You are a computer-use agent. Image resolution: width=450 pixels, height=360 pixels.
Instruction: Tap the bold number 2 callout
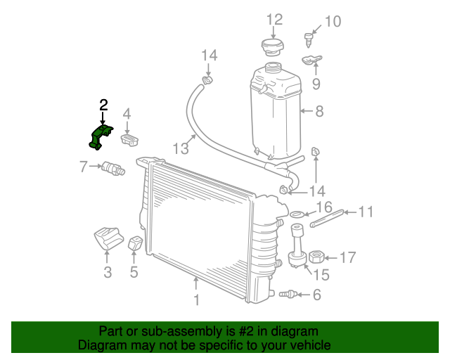pyautogui.click(x=103, y=105)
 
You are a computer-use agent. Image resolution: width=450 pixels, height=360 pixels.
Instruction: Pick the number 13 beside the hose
pyautogui.click(x=181, y=148)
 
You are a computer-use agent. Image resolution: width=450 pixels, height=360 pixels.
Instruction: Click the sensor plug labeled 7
pyautogui.click(x=112, y=168)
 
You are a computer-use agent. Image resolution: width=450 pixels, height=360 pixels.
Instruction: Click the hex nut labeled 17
pyautogui.click(x=316, y=257)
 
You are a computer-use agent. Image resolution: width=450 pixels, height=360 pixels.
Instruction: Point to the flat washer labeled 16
pyautogui.click(x=297, y=214)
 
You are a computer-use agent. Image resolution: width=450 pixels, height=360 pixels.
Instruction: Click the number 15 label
pyautogui.click(x=320, y=276)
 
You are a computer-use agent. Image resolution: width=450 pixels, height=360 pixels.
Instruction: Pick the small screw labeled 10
pyautogui.click(x=309, y=37)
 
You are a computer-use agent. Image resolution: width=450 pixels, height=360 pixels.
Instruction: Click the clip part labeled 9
pyautogui.click(x=313, y=60)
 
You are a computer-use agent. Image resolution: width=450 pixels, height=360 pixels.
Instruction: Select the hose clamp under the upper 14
pyautogui.click(x=207, y=80)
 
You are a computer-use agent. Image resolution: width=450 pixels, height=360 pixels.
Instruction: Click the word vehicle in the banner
pyautogui.click(x=308, y=345)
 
